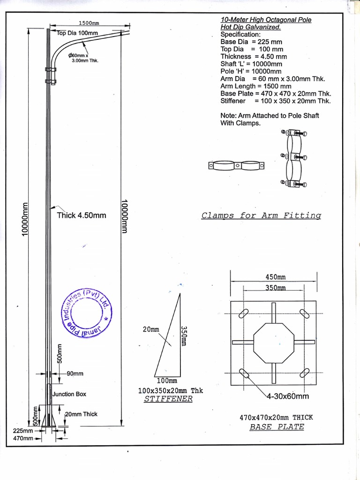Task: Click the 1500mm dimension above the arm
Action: pyautogui.click(x=89, y=23)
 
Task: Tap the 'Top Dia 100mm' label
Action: pyautogui.click(x=77, y=33)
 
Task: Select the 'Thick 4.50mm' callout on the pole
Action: pyautogui.click(x=81, y=216)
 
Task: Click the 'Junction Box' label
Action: pyautogui.click(x=69, y=394)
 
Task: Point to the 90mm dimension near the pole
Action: pyautogui.click(x=75, y=374)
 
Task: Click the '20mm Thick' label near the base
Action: pyautogui.click(x=81, y=414)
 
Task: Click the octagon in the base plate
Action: pyautogui.click(x=274, y=342)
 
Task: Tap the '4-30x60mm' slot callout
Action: pyautogui.click(x=287, y=396)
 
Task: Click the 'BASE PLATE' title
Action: pyautogui.click(x=277, y=427)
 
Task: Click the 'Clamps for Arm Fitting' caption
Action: pyautogui.click(x=261, y=216)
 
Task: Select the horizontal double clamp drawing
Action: pyautogui.click(x=236, y=165)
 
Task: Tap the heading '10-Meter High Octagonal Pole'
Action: pyautogui.click(x=266, y=20)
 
